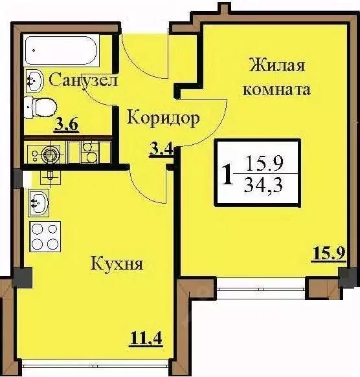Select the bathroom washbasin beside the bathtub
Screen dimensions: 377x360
(34, 81)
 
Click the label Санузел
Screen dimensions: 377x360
(82, 81)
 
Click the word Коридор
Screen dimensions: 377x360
(163, 117)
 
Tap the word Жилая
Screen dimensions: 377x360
(276, 65)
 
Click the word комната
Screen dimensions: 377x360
(276, 89)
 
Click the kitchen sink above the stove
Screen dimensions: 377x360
(38, 202)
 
